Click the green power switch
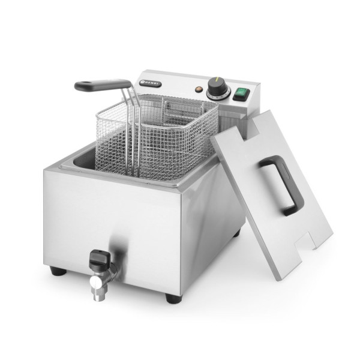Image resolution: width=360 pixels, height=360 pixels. (242, 93)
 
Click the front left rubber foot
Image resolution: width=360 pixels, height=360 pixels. (58, 271)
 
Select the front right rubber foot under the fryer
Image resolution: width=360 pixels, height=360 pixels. (172, 298)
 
